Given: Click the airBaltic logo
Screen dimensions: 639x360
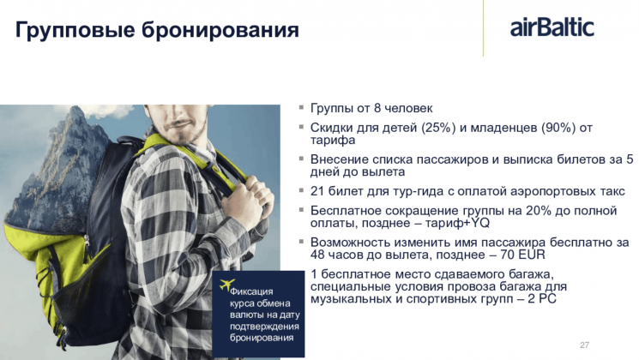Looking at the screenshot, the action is [x=552, y=27].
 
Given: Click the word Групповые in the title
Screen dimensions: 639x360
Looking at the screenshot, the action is [x=75, y=31].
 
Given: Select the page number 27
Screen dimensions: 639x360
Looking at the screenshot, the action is [x=584, y=345].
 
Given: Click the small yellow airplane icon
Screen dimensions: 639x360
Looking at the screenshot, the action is [x=227, y=285].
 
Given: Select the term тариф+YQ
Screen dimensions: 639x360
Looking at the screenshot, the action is [x=457, y=223].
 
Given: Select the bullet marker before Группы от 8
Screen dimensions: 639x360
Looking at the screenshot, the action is [x=302, y=107].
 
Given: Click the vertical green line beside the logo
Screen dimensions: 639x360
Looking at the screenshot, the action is [x=483, y=28].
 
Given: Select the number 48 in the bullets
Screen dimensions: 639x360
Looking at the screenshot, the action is [x=317, y=255].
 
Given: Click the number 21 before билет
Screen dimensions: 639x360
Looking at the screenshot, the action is [x=316, y=191].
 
